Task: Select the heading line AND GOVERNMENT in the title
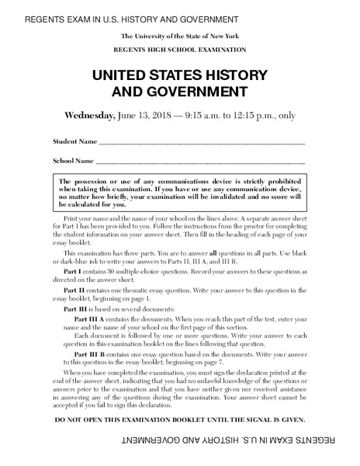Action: coord(180,92)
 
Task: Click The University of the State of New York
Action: coord(179,37)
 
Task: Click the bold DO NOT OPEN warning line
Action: coord(180,419)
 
